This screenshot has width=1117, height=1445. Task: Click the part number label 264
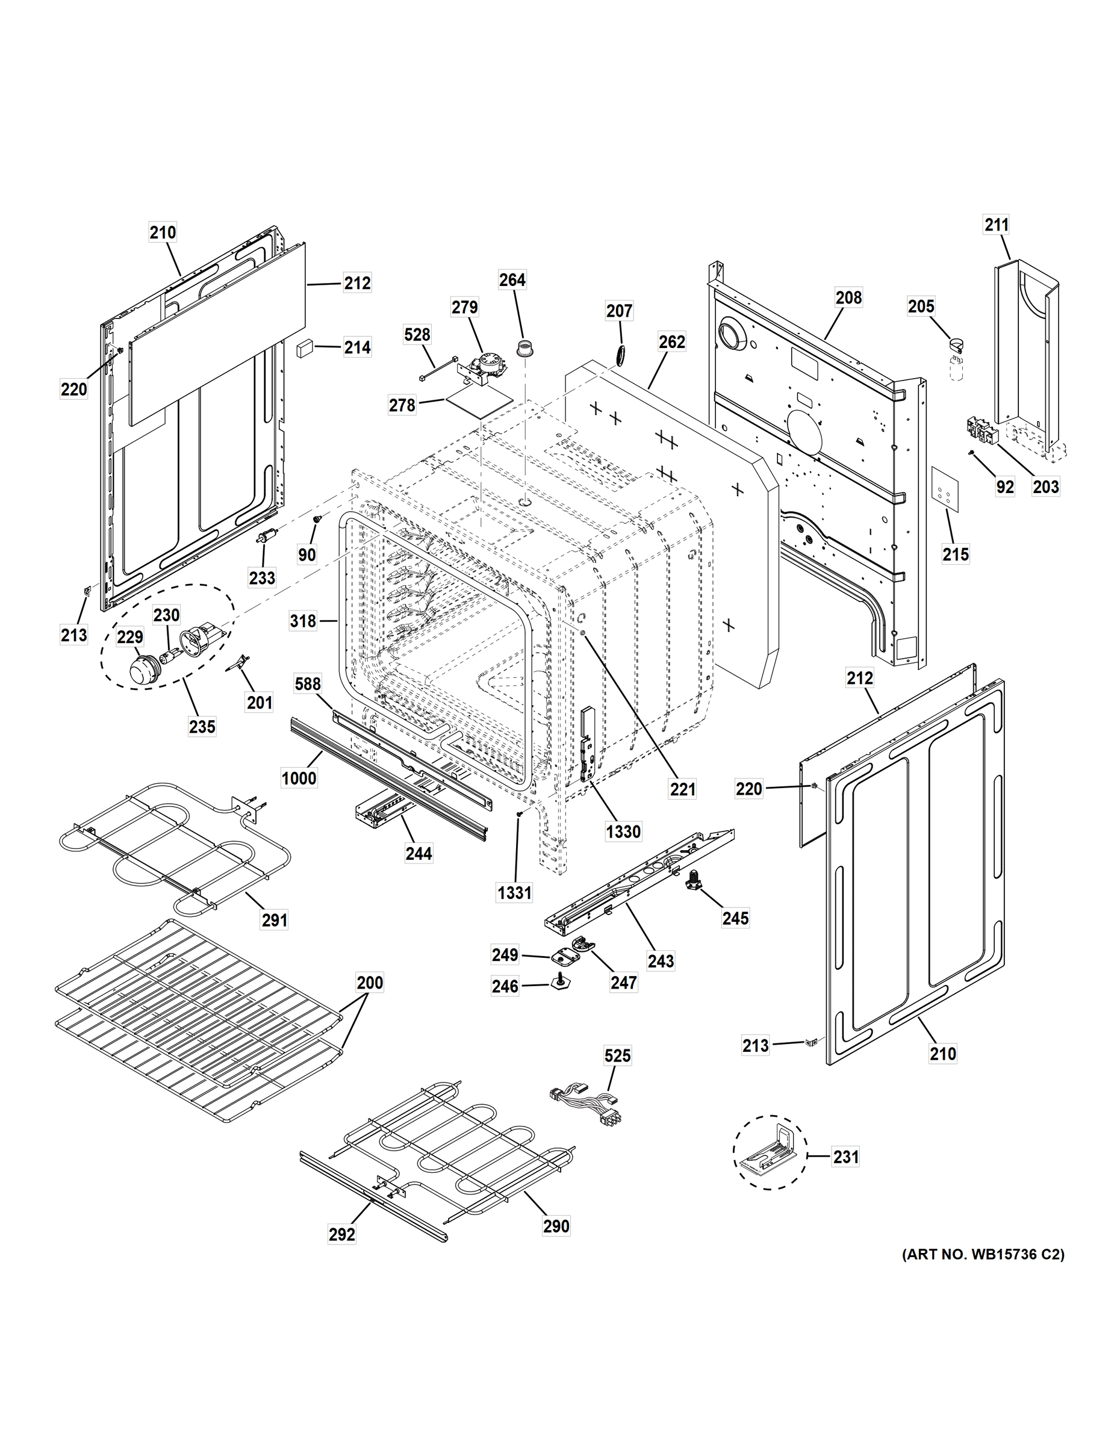tap(512, 280)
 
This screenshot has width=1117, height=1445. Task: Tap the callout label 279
tap(464, 307)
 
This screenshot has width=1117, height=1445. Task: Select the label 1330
tap(623, 831)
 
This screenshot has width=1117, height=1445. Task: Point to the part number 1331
tap(514, 892)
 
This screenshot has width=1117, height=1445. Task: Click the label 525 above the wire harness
tap(617, 1055)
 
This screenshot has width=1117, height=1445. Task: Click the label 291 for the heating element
tap(275, 919)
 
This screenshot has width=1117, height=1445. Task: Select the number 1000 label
tap(299, 778)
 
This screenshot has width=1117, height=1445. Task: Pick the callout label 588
tap(308, 683)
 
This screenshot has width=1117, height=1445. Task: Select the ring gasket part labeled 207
tap(621, 354)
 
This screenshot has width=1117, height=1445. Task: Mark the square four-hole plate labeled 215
tap(945, 489)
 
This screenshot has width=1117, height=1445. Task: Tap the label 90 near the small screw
tap(307, 555)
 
